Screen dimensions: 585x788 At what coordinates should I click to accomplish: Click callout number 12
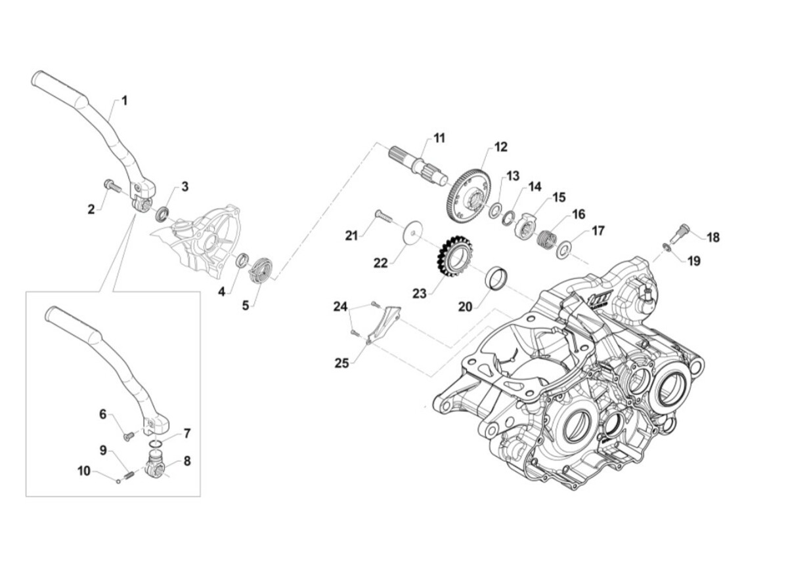[501, 147]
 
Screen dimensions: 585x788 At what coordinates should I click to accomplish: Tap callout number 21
[351, 235]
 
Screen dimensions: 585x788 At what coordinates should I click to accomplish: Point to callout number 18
[713, 237]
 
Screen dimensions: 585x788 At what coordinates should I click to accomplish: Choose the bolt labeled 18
[682, 232]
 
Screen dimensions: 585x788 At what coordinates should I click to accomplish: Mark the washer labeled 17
[564, 250]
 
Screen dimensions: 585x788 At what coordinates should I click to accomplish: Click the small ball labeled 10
[118, 479]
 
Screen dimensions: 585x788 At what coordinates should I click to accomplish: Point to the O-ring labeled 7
[156, 443]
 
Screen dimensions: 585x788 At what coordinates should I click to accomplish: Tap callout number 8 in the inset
[187, 461]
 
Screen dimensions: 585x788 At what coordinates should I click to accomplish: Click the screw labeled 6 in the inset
[127, 434]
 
